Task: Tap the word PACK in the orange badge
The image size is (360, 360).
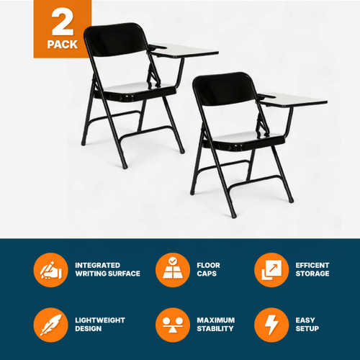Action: (63, 44)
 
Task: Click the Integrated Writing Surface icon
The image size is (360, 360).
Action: (50, 269)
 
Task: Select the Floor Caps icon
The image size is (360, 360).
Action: (171, 269)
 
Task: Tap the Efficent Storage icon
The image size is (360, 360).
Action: (270, 269)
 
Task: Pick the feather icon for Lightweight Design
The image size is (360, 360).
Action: (50, 323)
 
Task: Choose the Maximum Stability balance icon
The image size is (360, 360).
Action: (171, 323)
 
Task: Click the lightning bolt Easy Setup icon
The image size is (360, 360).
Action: (270, 323)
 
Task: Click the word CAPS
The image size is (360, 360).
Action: (209, 274)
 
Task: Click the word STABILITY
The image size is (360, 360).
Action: (216, 328)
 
